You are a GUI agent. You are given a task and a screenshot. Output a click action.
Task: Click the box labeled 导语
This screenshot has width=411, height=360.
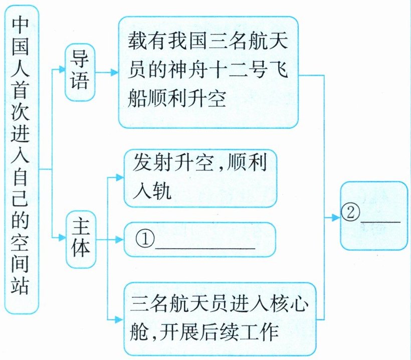pyautogui.click(x=80, y=72)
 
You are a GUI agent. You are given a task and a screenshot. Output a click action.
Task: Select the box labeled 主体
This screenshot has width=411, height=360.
pyautogui.click(x=80, y=240)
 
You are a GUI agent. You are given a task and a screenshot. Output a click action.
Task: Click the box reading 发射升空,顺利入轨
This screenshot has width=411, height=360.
pyautogui.click(x=200, y=178)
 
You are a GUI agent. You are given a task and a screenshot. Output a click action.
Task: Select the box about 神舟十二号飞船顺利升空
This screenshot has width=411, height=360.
pyautogui.click(x=208, y=72)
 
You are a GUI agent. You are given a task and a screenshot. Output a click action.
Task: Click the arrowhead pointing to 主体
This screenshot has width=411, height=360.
pyautogui.click(x=62, y=235)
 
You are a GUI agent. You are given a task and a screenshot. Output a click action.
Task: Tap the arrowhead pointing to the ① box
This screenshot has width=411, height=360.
pyautogui.click(x=119, y=239)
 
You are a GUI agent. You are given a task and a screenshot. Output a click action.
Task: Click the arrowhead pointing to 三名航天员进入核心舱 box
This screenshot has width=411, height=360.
pyautogui.click(x=119, y=318)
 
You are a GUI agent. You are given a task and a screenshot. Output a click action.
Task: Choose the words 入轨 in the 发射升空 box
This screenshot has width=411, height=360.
pyautogui.click(x=152, y=193)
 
